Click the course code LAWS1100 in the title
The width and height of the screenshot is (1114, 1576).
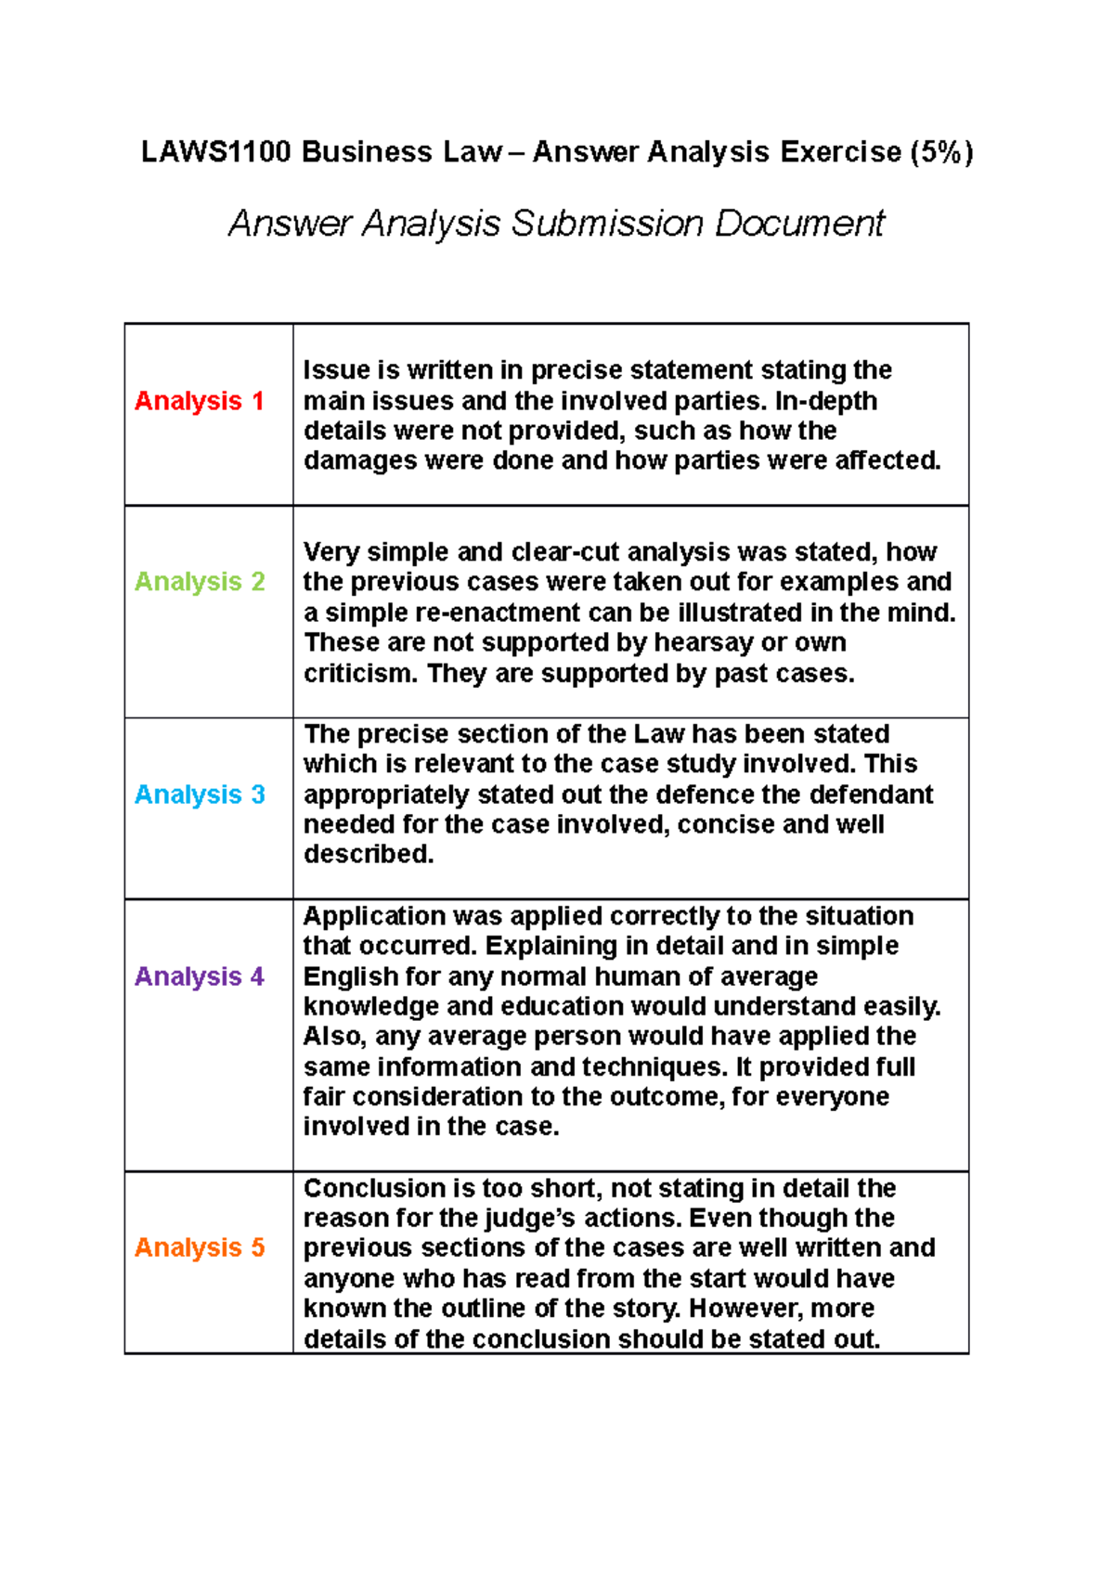(x=215, y=151)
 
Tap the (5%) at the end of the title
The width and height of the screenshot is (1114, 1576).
(x=941, y=151)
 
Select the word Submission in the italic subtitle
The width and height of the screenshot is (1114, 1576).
(x=607, y=224)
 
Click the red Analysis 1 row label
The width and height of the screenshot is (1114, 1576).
(x=200, y=401)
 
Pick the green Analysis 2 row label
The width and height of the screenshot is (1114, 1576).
(x=200, y=582)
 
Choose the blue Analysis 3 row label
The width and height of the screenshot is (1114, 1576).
(x=200, y=794)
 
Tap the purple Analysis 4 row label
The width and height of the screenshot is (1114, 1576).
(x=200, y=976)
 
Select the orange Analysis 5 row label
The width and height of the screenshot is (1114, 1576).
(x=200, y=1247)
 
